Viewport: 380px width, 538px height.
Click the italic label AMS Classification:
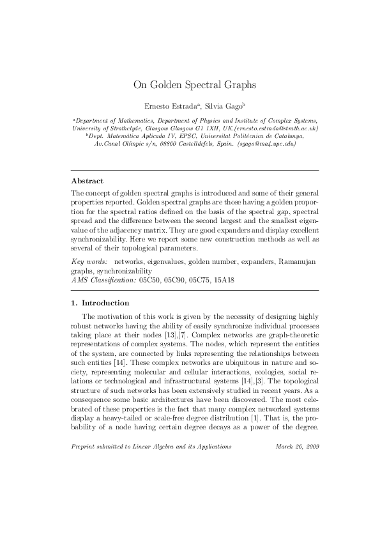(103, 279)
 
